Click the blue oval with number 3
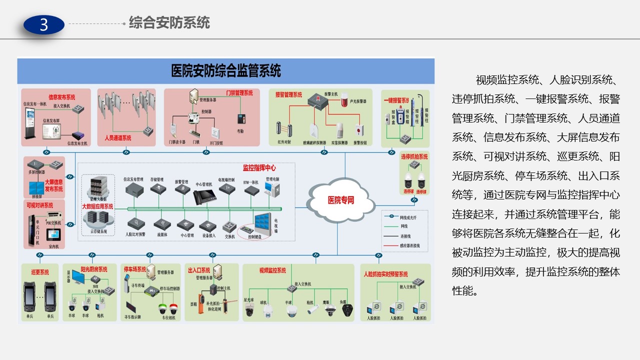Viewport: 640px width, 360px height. (44, 24)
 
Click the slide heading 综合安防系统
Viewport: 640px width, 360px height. (169, 23)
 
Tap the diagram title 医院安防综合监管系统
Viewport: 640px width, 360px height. (226, 70)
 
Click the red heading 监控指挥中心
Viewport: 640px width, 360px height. (259, 168)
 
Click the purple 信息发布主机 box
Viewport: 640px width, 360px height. (77, 135)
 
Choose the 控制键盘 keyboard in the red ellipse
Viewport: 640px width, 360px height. (248, 230)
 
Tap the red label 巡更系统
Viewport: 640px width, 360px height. (40, 272)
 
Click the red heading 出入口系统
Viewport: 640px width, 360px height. (198, 270)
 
